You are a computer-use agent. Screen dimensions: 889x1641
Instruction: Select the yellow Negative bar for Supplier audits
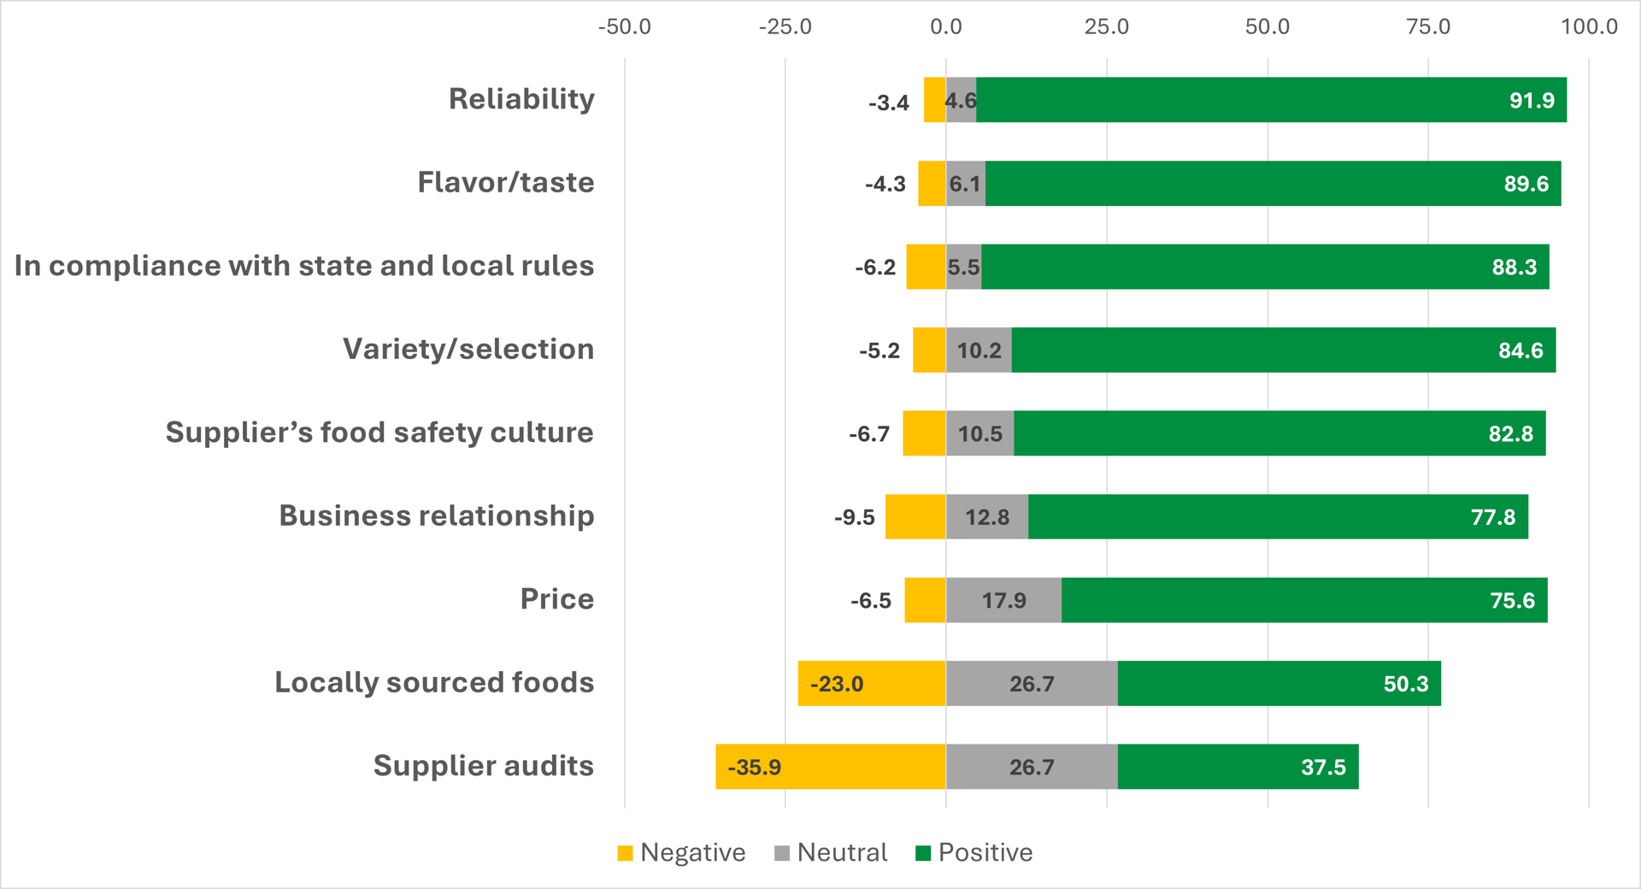point(830,767)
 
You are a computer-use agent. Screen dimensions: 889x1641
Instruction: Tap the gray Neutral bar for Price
point(1003,600)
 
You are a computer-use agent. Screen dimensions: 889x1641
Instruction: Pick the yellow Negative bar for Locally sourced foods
point(872,684)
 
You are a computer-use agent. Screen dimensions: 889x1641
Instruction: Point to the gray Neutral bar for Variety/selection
point(979,350)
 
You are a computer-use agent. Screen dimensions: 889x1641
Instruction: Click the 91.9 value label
point(1532,101)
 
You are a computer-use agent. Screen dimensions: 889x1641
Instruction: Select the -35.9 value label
point(754,768)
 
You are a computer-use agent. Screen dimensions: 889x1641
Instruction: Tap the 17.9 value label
point(1003,601)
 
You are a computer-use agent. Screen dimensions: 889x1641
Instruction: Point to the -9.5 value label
point(855,518)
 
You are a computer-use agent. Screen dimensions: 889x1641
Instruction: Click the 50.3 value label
point(1406,684)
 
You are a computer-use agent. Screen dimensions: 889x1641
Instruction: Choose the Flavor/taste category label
point(505,183)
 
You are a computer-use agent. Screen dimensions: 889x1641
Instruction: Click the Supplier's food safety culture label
point(379,433)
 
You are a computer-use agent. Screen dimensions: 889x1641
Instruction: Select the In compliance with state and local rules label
point(304,266)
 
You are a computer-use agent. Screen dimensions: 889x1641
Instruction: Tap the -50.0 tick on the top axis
point(624,27)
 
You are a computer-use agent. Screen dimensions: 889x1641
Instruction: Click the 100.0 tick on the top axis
point(1589,27)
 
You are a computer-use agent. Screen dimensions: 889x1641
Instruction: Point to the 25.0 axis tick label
point(1106,27)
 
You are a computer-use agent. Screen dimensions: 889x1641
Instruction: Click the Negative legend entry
point(682,853)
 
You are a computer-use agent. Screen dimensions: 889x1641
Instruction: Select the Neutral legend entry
point(831,853)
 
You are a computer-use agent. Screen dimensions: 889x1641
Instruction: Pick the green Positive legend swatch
point(923,853)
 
